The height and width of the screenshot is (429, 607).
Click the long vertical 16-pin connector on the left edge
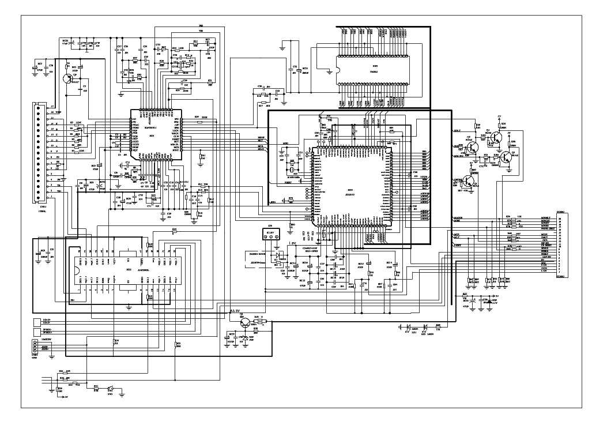tap(39, 153)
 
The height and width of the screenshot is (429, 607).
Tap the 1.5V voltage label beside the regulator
tap(292, 244)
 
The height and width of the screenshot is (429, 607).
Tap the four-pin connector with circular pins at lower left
tap(35, 348)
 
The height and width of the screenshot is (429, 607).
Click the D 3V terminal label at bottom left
tap(65, 397)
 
